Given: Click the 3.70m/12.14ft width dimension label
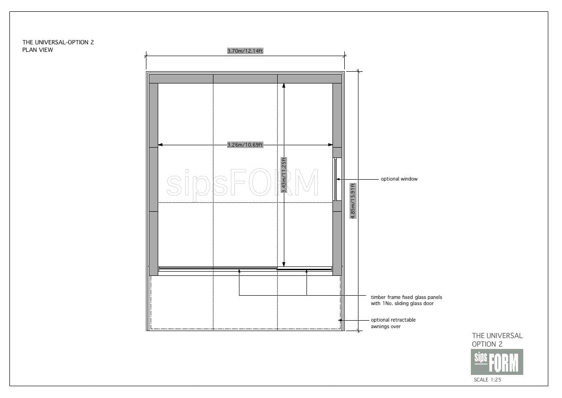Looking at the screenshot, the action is (x=245, y=51).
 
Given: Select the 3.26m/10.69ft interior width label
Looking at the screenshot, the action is (x=245, y=145).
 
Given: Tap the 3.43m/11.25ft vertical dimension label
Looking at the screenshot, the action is (x=283, y=175).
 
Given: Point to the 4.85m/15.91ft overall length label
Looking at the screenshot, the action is (x=353, y=201).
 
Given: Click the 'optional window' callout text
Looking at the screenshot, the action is (x=399, y=179).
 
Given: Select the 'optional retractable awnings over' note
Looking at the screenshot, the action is (x=393, y=323).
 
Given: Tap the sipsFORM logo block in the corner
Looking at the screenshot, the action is (x=497, y=362).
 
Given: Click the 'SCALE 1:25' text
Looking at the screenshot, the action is (x=487, y=380).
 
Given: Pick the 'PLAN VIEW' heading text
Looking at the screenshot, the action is (x=38, y=50).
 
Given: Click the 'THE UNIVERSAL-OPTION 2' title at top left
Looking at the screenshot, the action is (x=58, y=42).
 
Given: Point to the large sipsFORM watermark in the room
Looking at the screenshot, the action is (x=242, y=182).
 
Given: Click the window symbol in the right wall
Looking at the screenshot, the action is (x=336, y=179).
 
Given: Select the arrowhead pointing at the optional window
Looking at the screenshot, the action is (x=338, y=179).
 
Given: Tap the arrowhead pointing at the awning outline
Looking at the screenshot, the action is (x=341, y=320).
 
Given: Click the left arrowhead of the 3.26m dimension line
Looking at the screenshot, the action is (x=160, y=145).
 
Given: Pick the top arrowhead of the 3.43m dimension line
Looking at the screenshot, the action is (x=284, y=86).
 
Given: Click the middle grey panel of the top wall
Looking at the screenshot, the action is (x=245, y=79).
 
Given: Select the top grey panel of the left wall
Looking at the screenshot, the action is (x=153, y=115).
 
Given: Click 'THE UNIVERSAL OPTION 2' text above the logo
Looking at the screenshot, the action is (x=497, y=340).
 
